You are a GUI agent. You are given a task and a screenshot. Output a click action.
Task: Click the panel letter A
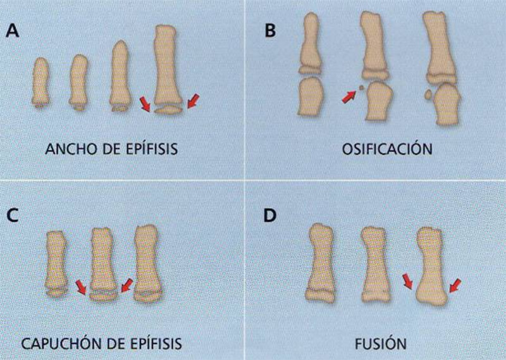point(12,32)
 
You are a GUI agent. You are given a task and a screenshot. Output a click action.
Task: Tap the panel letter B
point(270,31)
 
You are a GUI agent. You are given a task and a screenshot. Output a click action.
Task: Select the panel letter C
point(12,215)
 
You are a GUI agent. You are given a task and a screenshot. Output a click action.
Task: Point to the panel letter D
point(270,215)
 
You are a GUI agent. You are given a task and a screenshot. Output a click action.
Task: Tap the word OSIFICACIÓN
point(387,149)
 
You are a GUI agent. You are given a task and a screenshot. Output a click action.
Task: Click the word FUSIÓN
point(381,344)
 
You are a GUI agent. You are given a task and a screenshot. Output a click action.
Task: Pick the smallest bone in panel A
point(40,82)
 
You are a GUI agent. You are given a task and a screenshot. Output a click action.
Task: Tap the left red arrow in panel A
point(145,104)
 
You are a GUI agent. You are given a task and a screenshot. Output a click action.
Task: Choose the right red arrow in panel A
point(194,101)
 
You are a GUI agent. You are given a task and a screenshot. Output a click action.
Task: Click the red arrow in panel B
point(349,97)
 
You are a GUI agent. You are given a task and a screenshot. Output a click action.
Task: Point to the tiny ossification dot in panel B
point(361,87)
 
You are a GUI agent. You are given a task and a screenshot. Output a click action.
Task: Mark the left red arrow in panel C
point(81,287)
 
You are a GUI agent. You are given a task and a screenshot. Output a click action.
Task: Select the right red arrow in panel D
point(455,286)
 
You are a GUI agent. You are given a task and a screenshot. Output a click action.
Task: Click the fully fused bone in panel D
point(431,266)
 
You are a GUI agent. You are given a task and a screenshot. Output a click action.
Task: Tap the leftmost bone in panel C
point(57,264)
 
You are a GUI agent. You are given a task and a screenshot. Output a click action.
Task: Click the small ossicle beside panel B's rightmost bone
point(428,95)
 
